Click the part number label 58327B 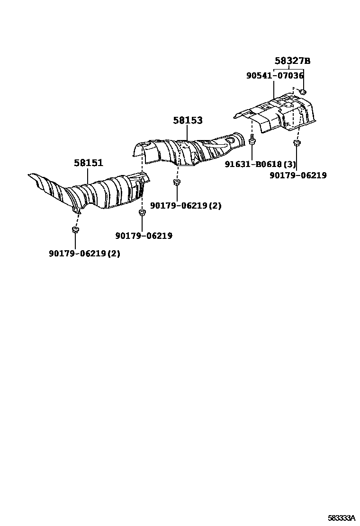pos(292,61)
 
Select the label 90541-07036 pos(275,75)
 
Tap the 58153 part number pos(188,121)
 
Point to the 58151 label pos(88,163)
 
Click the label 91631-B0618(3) pos(261,164)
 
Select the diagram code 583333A pos(342,518)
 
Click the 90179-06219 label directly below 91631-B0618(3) pos(298,175)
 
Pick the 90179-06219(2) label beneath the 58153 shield pos(186,205)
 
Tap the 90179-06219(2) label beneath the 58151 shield pos(84,253)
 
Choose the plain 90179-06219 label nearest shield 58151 pos(144,236)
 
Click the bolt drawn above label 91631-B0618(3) pos(252,140)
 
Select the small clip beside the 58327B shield pos(304,90)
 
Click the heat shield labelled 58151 pos(95,192)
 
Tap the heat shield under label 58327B pos(279,114)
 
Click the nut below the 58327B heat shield pos(297,143)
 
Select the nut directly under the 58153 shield pos(176,183)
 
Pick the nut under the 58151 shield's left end pos(75,230)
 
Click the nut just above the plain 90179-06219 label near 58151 pos(141,213)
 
